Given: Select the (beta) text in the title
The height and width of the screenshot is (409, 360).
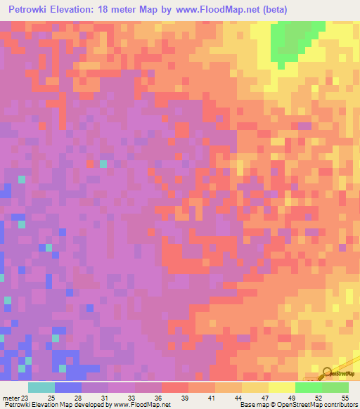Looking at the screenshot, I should (x=273, y=11).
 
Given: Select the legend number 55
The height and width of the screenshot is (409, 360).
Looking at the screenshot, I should (x=345, y=398).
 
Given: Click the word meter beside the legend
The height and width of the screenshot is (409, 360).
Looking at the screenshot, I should (x=9, y=398).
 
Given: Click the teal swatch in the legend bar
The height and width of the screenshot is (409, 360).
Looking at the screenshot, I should (x=41, y=387).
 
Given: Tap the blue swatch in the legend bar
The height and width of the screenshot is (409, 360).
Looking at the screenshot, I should (x=68, y=387).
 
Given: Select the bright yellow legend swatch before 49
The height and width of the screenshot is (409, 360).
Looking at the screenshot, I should (x=282, y=387).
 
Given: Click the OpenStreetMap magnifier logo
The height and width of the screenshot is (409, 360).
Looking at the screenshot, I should (x=327, y=373).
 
